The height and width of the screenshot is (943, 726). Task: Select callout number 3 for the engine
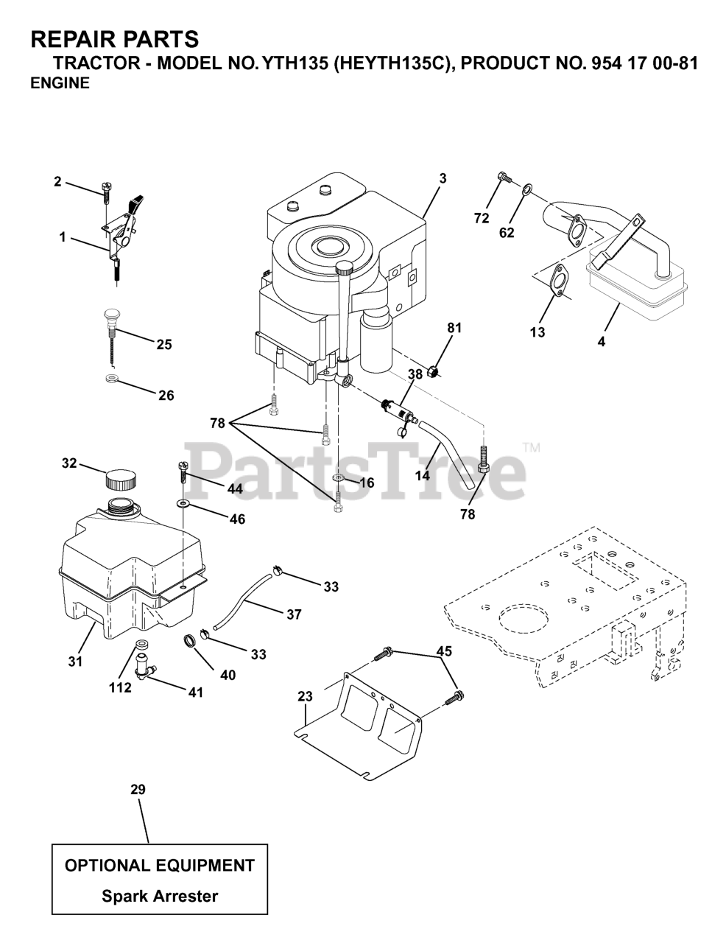point(443,178)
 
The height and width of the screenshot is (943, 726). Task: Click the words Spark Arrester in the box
point(160,897)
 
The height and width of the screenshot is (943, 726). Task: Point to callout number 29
point(138,790)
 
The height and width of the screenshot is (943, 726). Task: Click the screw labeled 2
point(106,190)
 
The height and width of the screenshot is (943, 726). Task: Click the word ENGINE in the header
point(60,83)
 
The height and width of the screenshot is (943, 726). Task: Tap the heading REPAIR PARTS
point(114,38)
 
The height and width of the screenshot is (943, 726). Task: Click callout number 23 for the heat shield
point(305,695)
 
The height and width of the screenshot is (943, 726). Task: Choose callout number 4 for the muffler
point(602,342)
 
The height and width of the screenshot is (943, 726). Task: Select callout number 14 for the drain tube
point(422,476)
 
